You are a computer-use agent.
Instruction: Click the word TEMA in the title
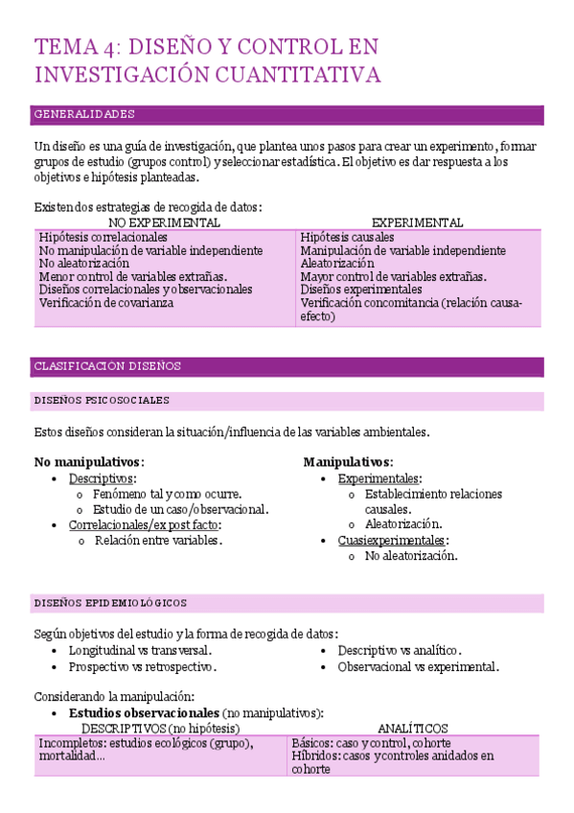tap(63, 46)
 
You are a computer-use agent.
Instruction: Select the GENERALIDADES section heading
tap(84, 114)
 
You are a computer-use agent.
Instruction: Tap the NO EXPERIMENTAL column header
tap(164, 222)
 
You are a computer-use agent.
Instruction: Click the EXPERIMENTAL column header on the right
tap(417, 222)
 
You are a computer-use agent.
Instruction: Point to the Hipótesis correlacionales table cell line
tap(103, 237)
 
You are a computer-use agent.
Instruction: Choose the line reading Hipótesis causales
tap(347, 237)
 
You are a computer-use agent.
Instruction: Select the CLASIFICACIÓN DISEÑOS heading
tap(107, 366)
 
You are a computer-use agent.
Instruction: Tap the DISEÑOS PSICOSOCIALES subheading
tap(101, 400)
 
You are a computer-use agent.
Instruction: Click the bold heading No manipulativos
tap(88, 461)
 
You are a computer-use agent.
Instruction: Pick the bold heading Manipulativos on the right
tap(348, 461)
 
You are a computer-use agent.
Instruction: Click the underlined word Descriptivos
tap(102, 478)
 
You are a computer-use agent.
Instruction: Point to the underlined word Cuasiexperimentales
tap(392, 540)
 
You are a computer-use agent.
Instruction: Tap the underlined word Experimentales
tap(379, 478)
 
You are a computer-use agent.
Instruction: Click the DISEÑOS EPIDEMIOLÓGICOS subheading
tap(110, 603)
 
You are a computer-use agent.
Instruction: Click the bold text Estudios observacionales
tap(144, 713)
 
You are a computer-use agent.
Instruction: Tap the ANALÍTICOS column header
tap(412, 729)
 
